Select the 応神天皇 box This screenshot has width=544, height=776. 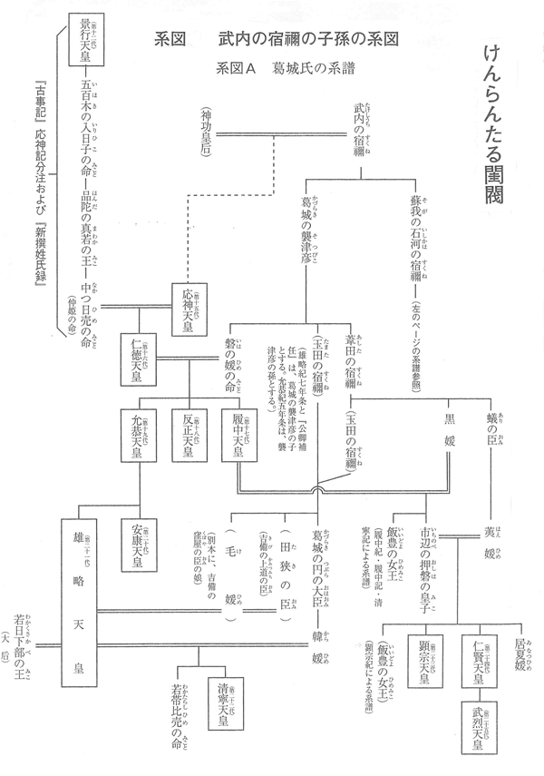point(189,308)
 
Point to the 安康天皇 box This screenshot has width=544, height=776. point(141,541)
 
